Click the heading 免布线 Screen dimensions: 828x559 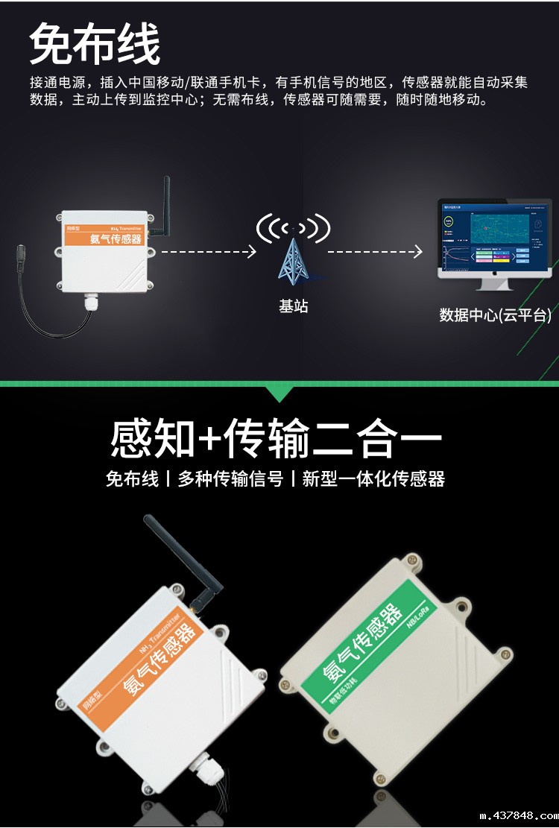[95, 43]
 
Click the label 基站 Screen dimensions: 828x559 [293, 306]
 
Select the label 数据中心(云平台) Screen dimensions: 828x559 [495, 315]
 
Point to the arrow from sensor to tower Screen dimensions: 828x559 [209, 252]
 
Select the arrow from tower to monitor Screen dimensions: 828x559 [375, 252]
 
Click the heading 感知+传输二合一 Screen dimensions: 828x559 [276, 438]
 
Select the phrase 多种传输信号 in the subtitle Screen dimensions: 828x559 [230, 479]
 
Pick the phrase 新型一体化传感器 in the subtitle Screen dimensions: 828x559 [373, 479]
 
